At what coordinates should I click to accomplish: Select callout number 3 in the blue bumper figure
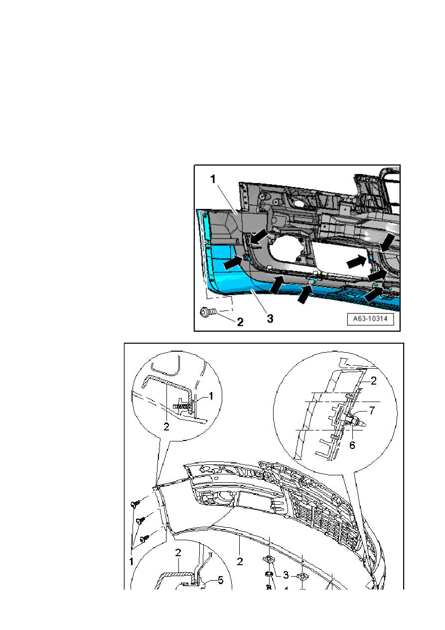pos(270,318)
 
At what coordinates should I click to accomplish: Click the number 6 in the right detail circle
pos(352,444)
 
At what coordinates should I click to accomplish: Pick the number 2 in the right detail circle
pos(372,381)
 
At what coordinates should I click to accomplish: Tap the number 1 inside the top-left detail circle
pos(211,396)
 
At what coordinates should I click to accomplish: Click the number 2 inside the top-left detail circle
pos(166,426)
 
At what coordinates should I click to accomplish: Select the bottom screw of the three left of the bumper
pos(145,539)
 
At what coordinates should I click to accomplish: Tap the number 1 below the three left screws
pos(132,562)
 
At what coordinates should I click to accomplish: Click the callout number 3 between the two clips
pos(286,575)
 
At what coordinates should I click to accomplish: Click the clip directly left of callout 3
pos(269,561)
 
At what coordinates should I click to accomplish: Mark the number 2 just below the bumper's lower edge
pos(240,561)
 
